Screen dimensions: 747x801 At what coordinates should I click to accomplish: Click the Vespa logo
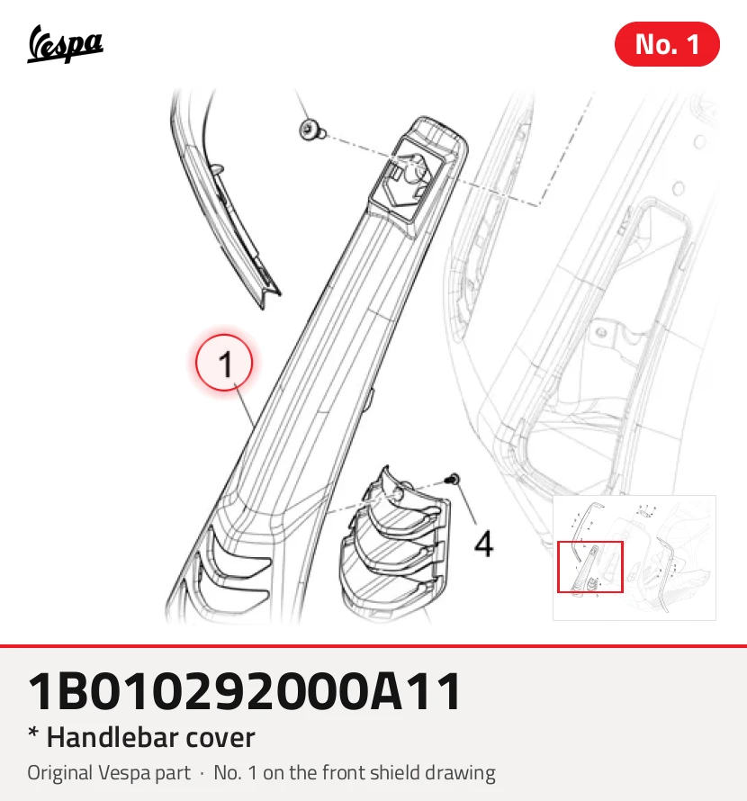tap(65, 44)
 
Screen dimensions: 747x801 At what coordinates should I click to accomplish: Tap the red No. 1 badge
tap(667, 44)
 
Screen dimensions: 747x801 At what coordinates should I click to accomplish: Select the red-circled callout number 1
tap(224, 363)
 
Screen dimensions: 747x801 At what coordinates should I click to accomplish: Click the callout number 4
tap(484, 543)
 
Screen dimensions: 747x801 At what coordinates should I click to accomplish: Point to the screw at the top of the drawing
tap(311, 130)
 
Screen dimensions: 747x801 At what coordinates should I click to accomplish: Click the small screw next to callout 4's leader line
tap(453, 480)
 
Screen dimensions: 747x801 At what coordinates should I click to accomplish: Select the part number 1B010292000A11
tap(245, 692)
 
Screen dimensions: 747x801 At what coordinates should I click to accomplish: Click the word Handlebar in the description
tap(112, 738)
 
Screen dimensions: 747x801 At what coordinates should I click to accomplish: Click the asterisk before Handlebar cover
tap(33, 733)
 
